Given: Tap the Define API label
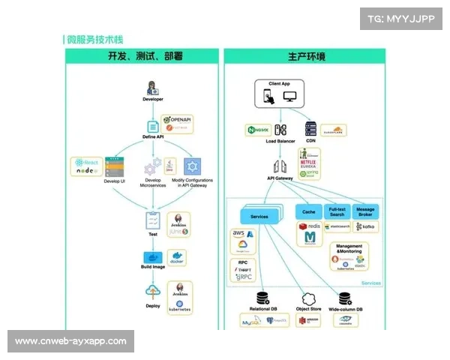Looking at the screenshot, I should click(x=153, y=136).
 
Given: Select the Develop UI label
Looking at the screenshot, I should click(x=114, y=181).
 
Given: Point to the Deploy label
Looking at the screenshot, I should click(x=153, y=305).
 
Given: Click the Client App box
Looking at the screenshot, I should click(x=279, y=94).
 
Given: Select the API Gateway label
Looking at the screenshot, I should click(x=280, y=178).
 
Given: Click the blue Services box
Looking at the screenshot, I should click(x=259, y=216).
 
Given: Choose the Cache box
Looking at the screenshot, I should click(x=309, y=212).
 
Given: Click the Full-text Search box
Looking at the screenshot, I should click(x=337, y=212).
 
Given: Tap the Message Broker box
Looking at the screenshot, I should click(x=365, y=212).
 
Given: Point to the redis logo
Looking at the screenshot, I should click(x=310, y=226).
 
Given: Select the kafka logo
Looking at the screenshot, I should click(x=366, y=226).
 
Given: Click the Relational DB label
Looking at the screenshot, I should click(x=263, y=309).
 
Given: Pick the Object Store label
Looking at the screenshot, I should click(x=307, y=309).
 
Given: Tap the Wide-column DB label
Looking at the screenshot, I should click(x=346, y=309).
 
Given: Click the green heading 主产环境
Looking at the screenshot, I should click(x=304, y=56).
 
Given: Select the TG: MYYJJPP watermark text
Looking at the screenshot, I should click(x=402, y=19).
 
